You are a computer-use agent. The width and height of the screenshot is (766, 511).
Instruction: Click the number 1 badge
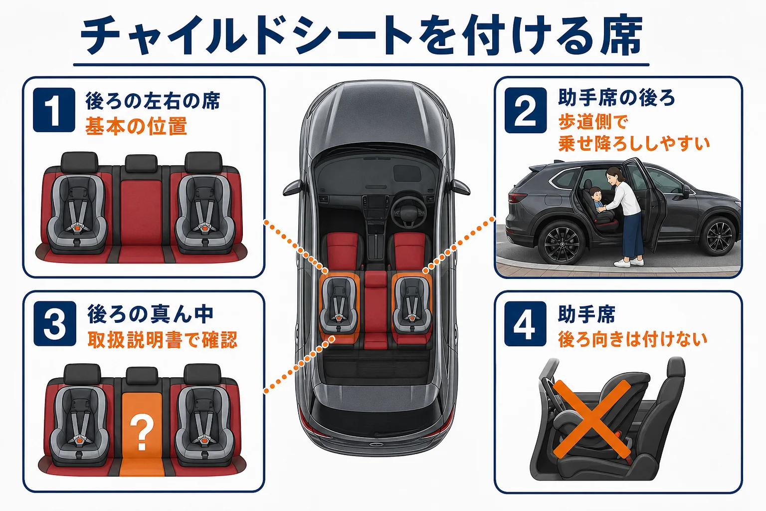click(54, 110)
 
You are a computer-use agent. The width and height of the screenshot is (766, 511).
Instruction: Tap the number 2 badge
click(526, 110)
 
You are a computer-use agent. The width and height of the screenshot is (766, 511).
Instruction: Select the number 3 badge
click(55, 323)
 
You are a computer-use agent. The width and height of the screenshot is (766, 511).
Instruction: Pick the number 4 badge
click(525, 323)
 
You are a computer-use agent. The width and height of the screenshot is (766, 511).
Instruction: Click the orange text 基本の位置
click(136, 126)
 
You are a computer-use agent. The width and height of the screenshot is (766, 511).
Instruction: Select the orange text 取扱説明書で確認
click(163, 339)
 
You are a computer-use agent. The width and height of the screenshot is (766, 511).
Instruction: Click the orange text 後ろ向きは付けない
click(633, 339)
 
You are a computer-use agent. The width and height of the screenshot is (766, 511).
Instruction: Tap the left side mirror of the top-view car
click(294, 188)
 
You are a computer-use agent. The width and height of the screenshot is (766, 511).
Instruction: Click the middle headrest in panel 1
click(141, 163)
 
